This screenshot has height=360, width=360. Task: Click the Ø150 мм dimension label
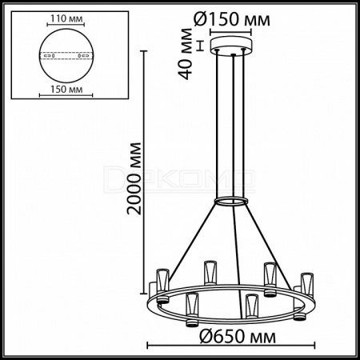232,19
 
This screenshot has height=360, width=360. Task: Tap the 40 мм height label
186,54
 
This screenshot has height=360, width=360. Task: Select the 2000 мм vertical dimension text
134,178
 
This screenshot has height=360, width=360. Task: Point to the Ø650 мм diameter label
238,336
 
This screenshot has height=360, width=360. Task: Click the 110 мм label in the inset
66,18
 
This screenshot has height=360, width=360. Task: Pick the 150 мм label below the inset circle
66,90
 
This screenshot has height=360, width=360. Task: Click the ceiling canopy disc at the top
231,46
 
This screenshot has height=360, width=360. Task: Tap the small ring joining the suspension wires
231,202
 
